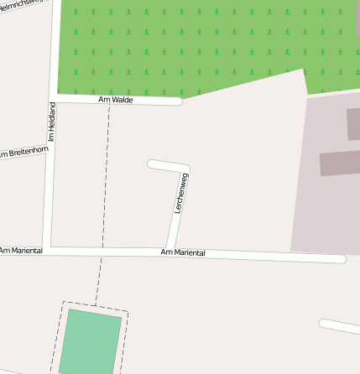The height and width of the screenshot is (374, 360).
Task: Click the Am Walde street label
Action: tap(116, 100)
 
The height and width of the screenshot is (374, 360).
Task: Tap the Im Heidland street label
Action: tap(51, 121)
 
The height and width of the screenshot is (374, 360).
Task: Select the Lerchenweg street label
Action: tap(179, 194)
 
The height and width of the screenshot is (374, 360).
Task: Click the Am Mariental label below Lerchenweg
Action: tap(182, 252)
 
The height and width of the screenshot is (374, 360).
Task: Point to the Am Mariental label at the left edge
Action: tap(20, 251)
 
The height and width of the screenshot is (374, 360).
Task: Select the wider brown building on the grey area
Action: tap(339, 162)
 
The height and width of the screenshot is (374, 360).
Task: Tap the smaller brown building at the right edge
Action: tap(353, 123)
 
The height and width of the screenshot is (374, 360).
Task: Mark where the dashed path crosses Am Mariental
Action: tap(102, 251)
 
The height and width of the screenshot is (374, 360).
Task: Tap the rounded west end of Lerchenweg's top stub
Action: tap(151, 164)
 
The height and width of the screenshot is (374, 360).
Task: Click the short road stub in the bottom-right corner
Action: tap(340, 328)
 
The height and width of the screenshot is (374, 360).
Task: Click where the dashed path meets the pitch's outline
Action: tap(96, 304)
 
